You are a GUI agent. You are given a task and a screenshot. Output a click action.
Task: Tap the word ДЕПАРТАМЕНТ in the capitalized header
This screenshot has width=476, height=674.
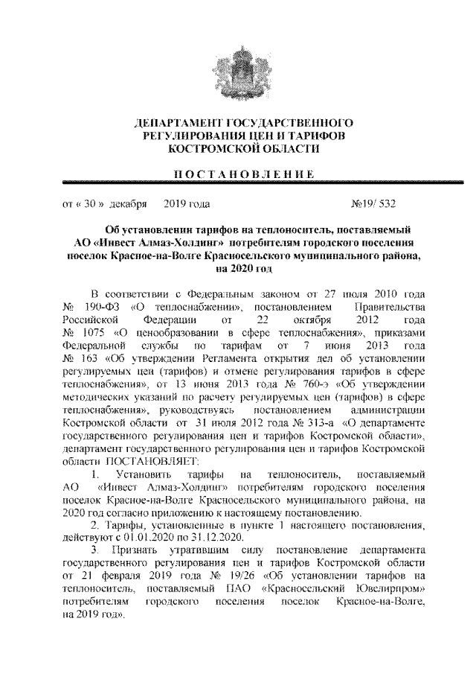click(x=172, y=122)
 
